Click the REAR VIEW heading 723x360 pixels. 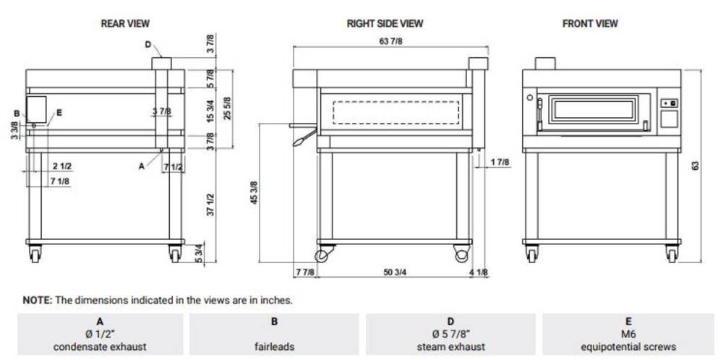pos(125,23)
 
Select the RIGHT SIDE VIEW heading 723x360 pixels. pos(385,23)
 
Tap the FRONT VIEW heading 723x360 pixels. pos(590,23)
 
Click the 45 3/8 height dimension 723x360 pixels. pos(254,193)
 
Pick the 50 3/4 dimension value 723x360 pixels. pos(395,273)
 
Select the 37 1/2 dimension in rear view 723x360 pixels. pos(211,205)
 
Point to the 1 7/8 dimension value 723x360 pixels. pos(500,162)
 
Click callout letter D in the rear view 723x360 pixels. pos(147,45)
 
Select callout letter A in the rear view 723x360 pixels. pos(142,166)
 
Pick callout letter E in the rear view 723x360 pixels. pos(59,112)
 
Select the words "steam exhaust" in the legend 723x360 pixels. pos(450,347)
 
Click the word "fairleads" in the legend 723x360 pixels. pos(274,347)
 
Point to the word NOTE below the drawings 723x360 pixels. pos(38,301)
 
